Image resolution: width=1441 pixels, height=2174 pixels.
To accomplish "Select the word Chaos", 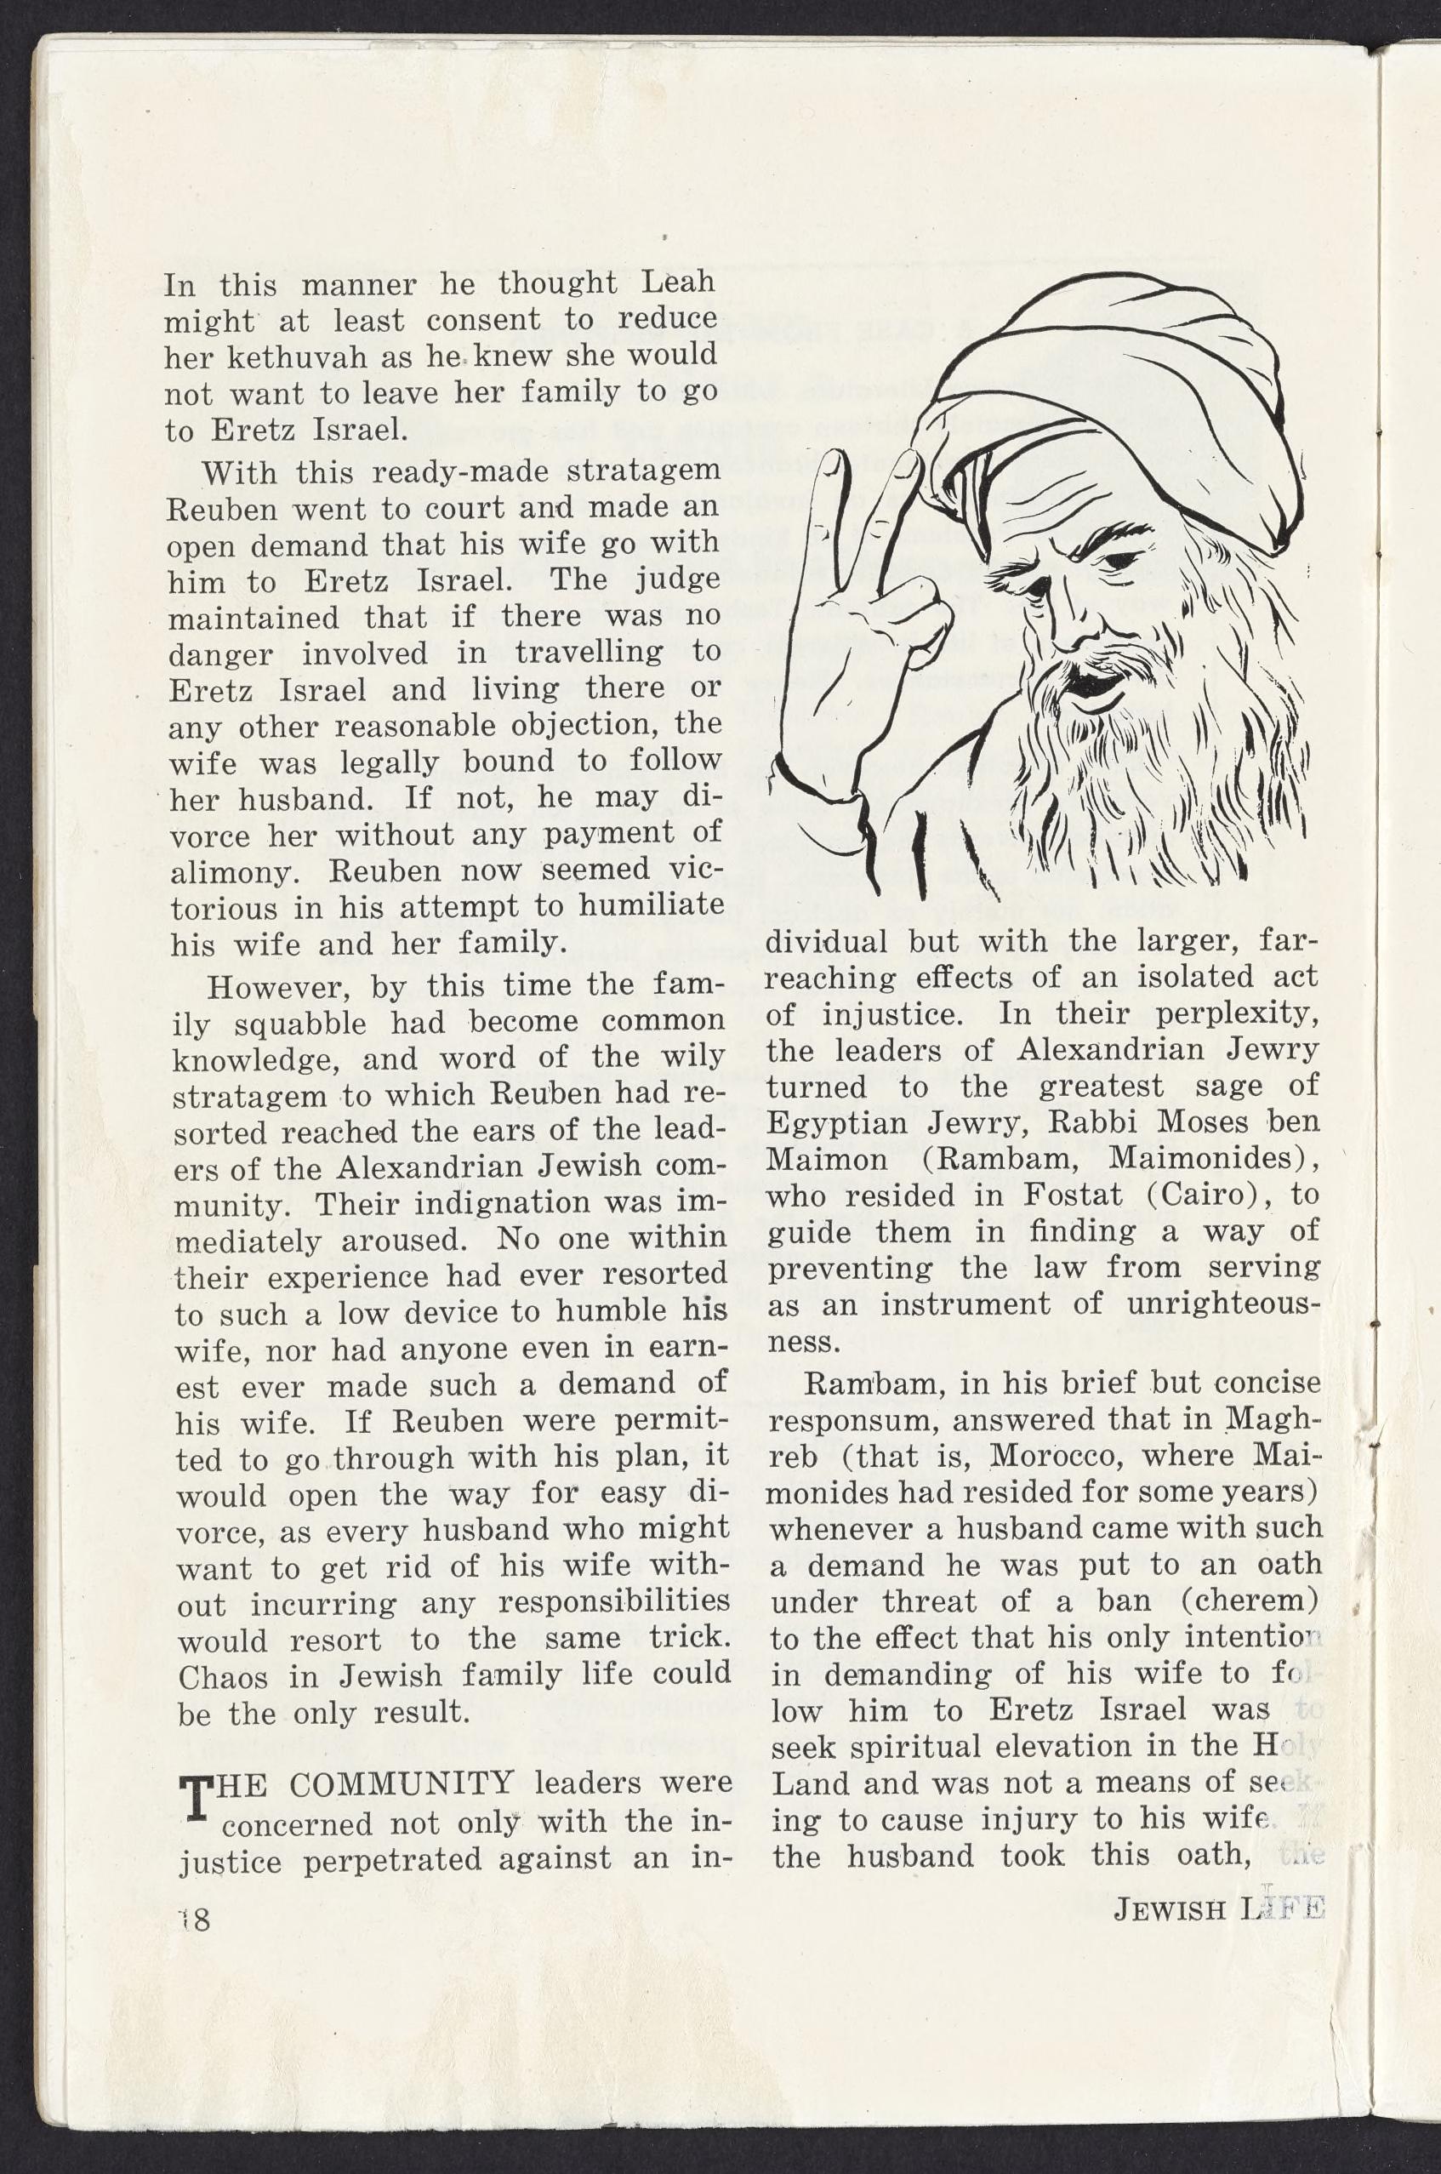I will tap(221, 1677).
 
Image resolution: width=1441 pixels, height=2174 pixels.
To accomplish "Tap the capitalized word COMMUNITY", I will tap(401, 1783).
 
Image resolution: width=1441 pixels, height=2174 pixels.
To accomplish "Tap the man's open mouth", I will tap(1091, 686).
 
